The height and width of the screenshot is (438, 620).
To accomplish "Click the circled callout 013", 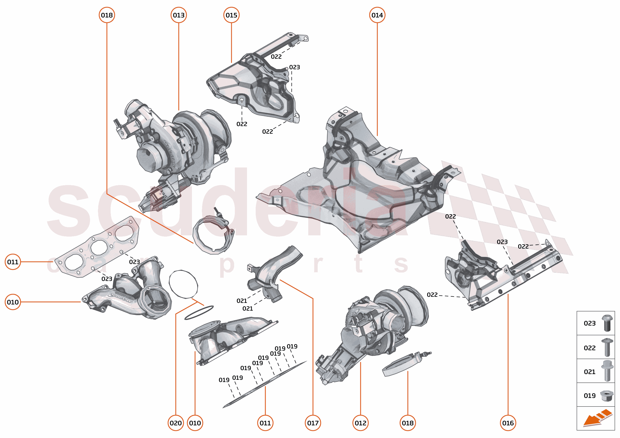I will pos(179,15).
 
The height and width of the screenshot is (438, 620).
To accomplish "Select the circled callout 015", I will pos(231,15).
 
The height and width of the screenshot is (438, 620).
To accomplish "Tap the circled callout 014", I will pos(377,15).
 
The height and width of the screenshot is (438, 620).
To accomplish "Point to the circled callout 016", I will pos(508,423).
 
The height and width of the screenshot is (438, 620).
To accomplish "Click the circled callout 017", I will pos(313,423).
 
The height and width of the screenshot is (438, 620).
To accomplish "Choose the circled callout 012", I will pos(360,423).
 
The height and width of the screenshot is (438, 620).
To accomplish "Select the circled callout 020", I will pos(176,423).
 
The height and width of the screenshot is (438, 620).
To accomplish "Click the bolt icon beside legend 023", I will pos(607,323).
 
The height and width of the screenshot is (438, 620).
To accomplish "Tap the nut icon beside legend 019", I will pos(607,396).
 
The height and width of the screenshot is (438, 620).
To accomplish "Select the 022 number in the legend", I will pos(589,348).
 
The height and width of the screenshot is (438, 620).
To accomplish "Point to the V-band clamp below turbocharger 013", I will pos(213,235).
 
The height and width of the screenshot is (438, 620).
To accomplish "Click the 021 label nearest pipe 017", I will pos(242,301).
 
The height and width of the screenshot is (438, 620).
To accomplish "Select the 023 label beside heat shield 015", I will pos(294,67).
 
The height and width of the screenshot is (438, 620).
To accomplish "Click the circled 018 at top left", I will pos(107,15).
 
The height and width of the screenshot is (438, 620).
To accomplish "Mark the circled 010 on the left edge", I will pos(13,302).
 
